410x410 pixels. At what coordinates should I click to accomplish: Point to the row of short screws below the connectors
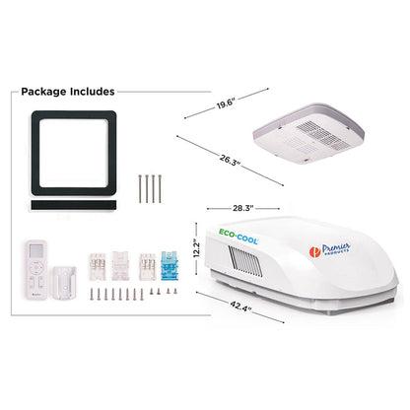coord(123,293)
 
